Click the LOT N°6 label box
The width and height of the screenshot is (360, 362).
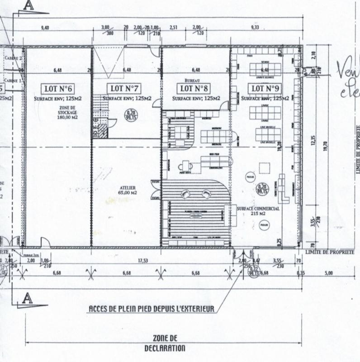pos(58,88)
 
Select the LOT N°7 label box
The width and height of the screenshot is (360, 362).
pos(123,87)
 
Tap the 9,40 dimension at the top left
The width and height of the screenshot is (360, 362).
pos(45,28)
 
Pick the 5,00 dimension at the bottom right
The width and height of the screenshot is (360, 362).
pos(328,273)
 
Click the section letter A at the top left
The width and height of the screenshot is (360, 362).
pos(29,5)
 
